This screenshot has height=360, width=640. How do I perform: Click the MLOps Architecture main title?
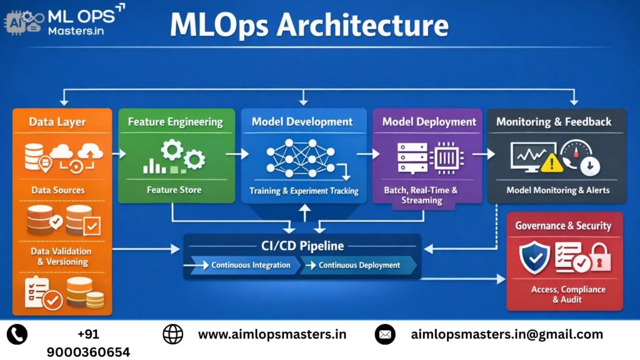309,26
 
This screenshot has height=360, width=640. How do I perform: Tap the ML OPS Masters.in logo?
62,20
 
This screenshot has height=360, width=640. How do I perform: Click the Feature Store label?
174,189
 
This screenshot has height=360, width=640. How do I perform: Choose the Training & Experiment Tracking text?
304,191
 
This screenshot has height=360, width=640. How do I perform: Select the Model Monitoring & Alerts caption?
557,190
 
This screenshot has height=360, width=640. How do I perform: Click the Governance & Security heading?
563,226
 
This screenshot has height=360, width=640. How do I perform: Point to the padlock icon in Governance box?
602,259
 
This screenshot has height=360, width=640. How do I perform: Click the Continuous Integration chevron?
244,265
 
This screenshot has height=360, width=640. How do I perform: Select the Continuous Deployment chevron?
359,265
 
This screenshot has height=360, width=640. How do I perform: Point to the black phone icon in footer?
17,334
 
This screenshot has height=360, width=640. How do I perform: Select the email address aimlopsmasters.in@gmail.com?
507,334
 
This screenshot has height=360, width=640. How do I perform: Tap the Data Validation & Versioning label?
61,256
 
